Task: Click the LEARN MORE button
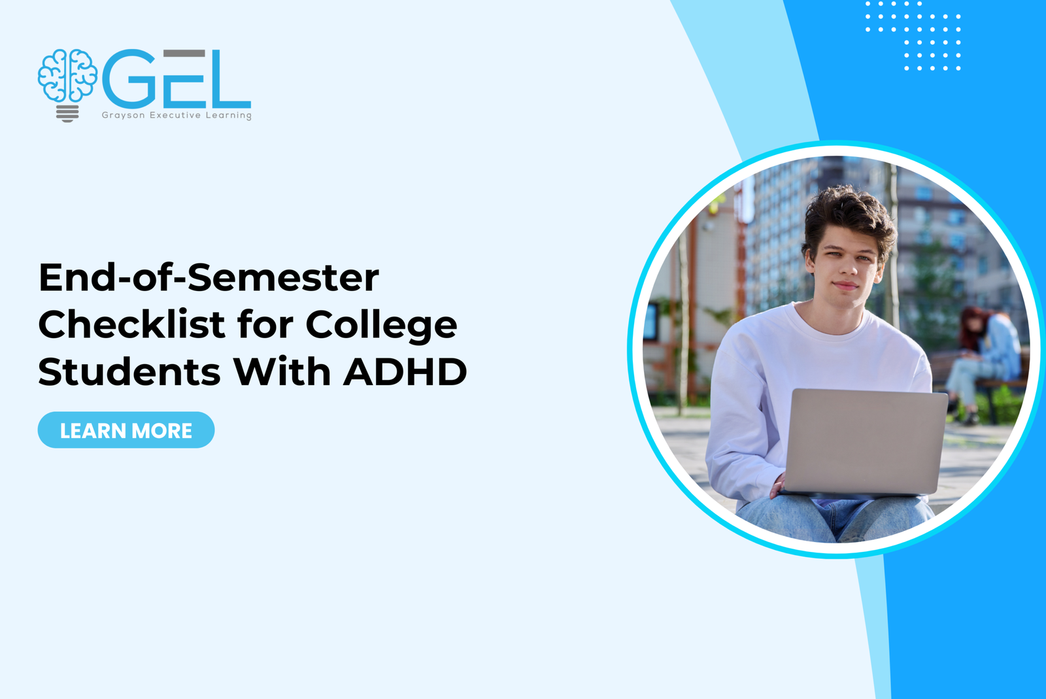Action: click(126, 430)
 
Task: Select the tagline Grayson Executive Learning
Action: click(177, 115)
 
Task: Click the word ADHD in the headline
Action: click(405, 372)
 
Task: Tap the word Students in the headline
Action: click(129, 372)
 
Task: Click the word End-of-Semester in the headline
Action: click(209, 278)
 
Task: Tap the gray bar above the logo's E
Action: click(184, 53)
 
